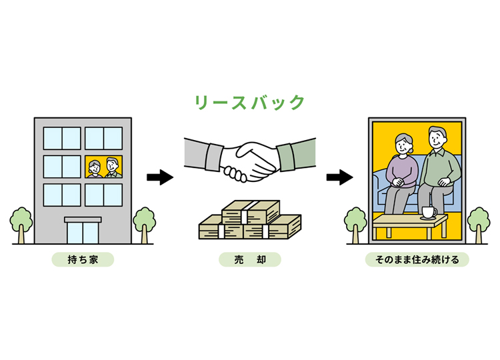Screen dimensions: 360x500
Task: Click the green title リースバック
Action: pos(249,103)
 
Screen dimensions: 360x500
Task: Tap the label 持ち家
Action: pos(83,259)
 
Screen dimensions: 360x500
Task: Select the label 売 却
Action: pos(249,259)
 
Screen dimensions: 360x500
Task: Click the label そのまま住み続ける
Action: pos(417,259)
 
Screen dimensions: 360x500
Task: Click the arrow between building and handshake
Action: pos(159,177)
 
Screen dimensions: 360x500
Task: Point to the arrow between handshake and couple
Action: pos(339,177)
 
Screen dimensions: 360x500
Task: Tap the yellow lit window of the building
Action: pos(103,166)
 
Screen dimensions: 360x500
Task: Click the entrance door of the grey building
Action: pos(83,231)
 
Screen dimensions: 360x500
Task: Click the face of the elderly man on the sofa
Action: pos(436,139)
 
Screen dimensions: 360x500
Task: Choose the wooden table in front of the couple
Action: pos(409,225)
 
